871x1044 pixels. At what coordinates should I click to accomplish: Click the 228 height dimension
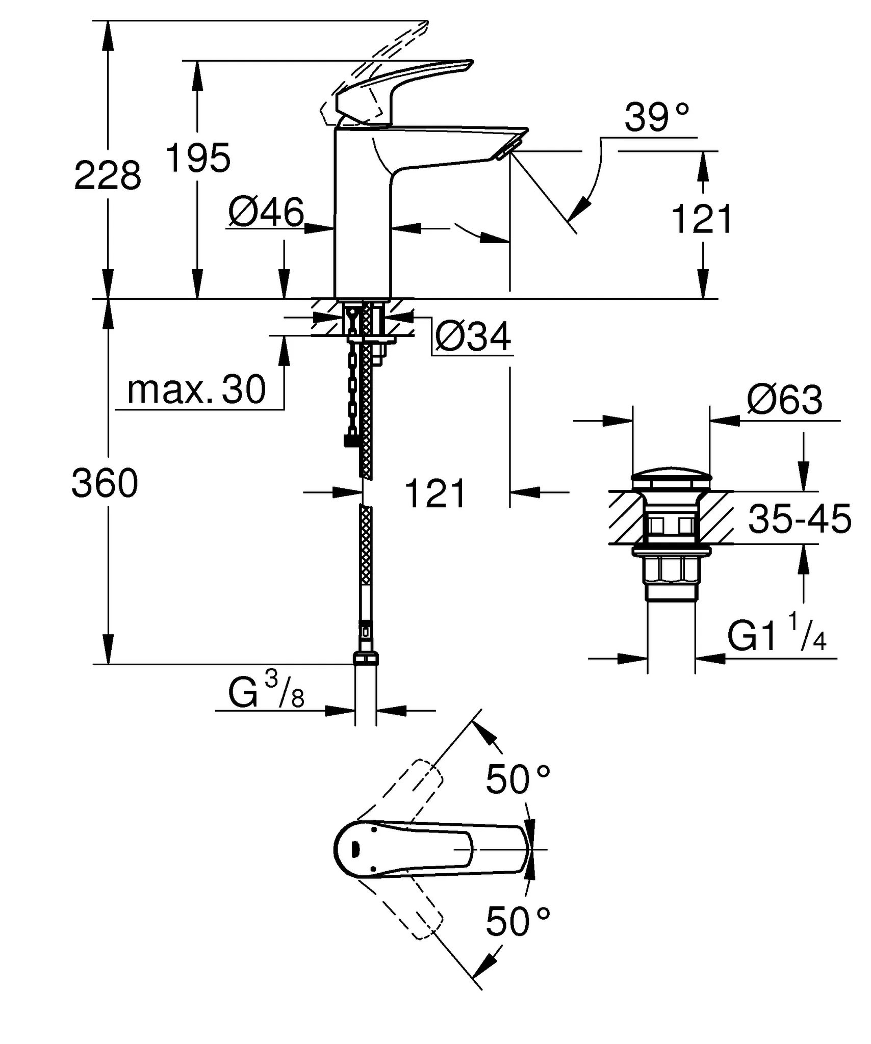[x=108, y=175]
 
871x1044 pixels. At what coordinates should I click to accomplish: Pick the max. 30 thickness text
[x=196, y=390]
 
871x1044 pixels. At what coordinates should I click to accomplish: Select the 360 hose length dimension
[x=105, y=483]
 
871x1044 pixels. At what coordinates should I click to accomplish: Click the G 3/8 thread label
[x=266, y=691]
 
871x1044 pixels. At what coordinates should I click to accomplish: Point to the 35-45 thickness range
[x=799, y=519]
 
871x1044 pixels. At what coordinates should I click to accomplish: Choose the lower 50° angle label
[x=518, y=922]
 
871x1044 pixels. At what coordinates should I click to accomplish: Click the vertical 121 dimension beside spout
[x=702, y=219]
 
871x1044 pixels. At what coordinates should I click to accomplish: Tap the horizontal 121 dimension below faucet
[x=435, y=493]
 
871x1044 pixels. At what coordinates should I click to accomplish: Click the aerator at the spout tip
[x=506, y=150]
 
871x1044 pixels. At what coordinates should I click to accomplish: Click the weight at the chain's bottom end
[x=351, y=440]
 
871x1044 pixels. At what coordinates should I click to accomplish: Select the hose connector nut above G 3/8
[x=366, y=659]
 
